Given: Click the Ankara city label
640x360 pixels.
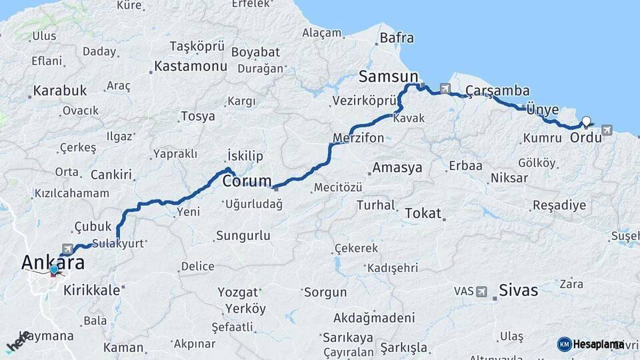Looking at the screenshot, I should tap(53, 263).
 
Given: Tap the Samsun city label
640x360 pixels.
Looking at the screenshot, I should tap(389, 75).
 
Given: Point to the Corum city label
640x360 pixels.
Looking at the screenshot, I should tap(247, 181).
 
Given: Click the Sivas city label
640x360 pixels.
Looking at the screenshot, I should tap(519, 290).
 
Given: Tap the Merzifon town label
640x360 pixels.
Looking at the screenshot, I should tap(359, 138).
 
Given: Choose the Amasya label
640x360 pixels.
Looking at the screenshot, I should tap(397, 167).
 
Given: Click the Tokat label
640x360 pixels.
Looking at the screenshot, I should tap(423, 213).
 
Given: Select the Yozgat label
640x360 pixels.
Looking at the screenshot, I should tap(238, 292).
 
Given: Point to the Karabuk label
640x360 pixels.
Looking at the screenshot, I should tap(60, 90).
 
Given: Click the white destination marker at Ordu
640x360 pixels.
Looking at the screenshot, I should tap(586, 121).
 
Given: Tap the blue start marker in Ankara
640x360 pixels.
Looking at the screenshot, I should tap(54, 270).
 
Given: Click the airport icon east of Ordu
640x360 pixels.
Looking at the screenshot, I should tap(606, 130).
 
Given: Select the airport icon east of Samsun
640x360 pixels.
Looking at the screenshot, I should tap(445, 88).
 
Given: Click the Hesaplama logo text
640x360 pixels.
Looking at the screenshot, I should tap(597, 344).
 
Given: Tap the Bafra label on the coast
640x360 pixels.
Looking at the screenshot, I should tap(397, 38).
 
